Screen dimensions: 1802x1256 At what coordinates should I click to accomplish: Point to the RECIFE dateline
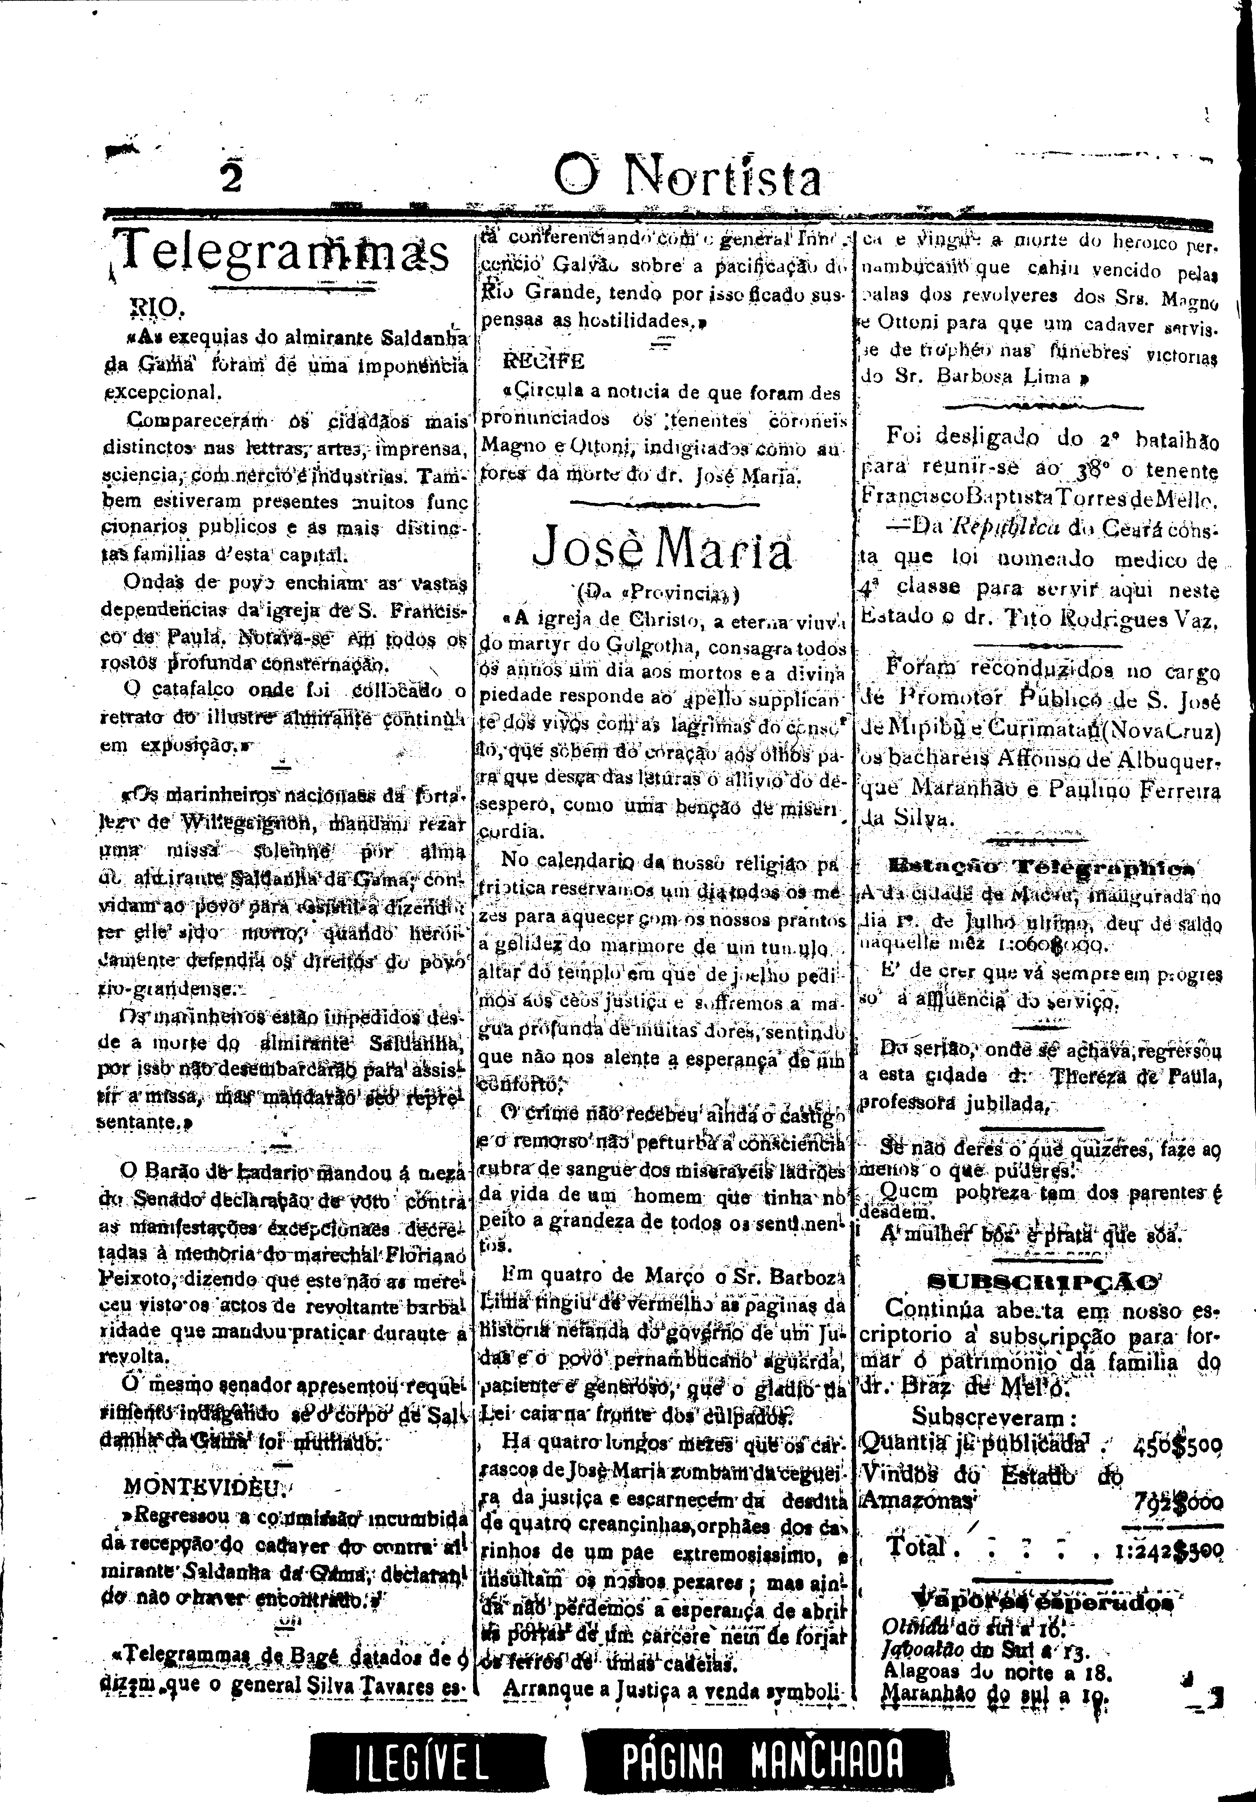pyautogui.click(x=544, y=362)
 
